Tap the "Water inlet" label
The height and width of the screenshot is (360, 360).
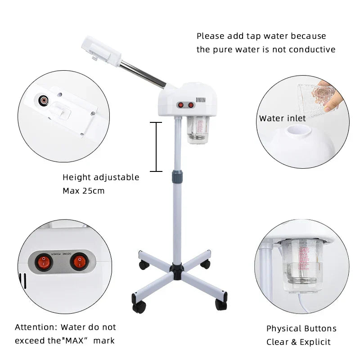tap(282, 118)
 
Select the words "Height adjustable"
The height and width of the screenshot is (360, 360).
tap(101, 177)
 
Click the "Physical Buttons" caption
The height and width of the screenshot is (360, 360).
tap(301, 328)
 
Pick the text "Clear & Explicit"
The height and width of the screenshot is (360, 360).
tap(298, 342)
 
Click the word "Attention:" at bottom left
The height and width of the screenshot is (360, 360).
tap(36, 327)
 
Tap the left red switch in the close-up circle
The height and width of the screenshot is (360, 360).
tap(44, 261)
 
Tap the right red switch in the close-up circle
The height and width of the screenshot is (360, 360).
tap(79, 260)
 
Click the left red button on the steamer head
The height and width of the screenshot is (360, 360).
tap(181, 105)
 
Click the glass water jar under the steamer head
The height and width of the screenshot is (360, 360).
tap(195, 130)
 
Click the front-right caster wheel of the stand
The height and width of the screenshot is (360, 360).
tap(221, 304)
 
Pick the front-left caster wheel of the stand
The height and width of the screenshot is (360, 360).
tap(139, 306)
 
